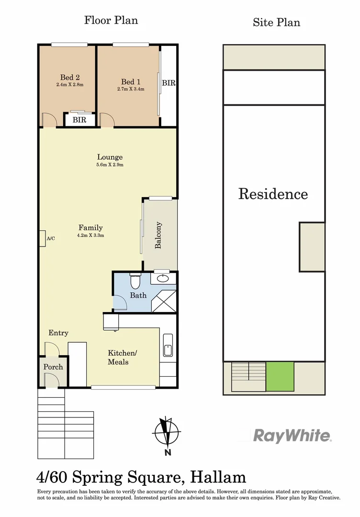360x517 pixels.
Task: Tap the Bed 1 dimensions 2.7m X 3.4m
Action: point(131,89)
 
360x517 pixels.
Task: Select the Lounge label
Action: point(110,157)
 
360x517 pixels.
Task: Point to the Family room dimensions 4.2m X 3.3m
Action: point(91,235)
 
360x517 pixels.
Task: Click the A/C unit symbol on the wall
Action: point(42,238)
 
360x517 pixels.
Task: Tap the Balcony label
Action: point(158,235)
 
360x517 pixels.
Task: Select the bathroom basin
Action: point(163,278)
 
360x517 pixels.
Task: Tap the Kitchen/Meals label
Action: point(122,357)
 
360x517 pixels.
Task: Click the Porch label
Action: point(53,367)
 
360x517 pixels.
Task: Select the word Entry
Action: point(58,333)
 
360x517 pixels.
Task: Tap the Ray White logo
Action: point(292,436)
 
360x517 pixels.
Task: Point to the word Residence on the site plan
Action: point(273,194)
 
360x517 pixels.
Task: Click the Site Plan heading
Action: point(276,22)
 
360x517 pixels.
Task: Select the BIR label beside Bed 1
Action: point(169,83)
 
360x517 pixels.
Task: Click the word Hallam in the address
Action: point(218,477)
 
